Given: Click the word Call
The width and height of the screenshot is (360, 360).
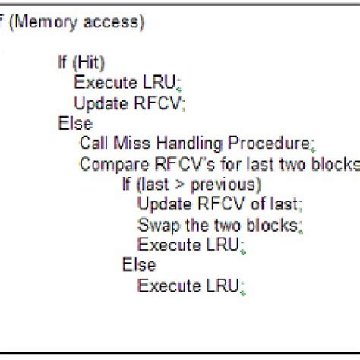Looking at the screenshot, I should [94, 143].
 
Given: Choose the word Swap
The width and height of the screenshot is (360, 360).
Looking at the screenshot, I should [154, 224].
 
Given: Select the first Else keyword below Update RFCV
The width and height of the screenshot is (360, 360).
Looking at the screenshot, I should [74, 123].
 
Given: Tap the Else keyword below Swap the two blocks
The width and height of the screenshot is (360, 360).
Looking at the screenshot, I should [138, 264].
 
